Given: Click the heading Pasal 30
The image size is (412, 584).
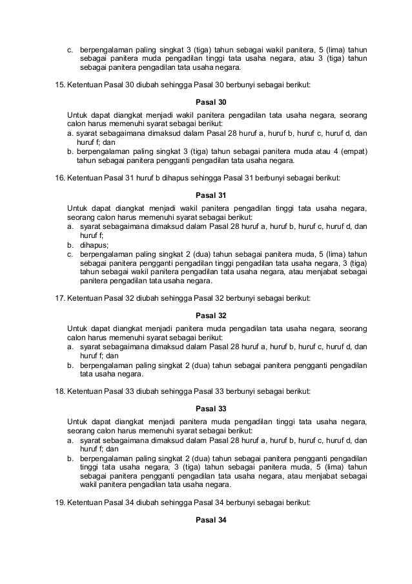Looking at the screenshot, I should tap(206, 102).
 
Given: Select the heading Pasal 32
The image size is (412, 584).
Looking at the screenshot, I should tap(206, 315).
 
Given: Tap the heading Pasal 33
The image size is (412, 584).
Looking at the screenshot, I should tap(206, 408).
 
